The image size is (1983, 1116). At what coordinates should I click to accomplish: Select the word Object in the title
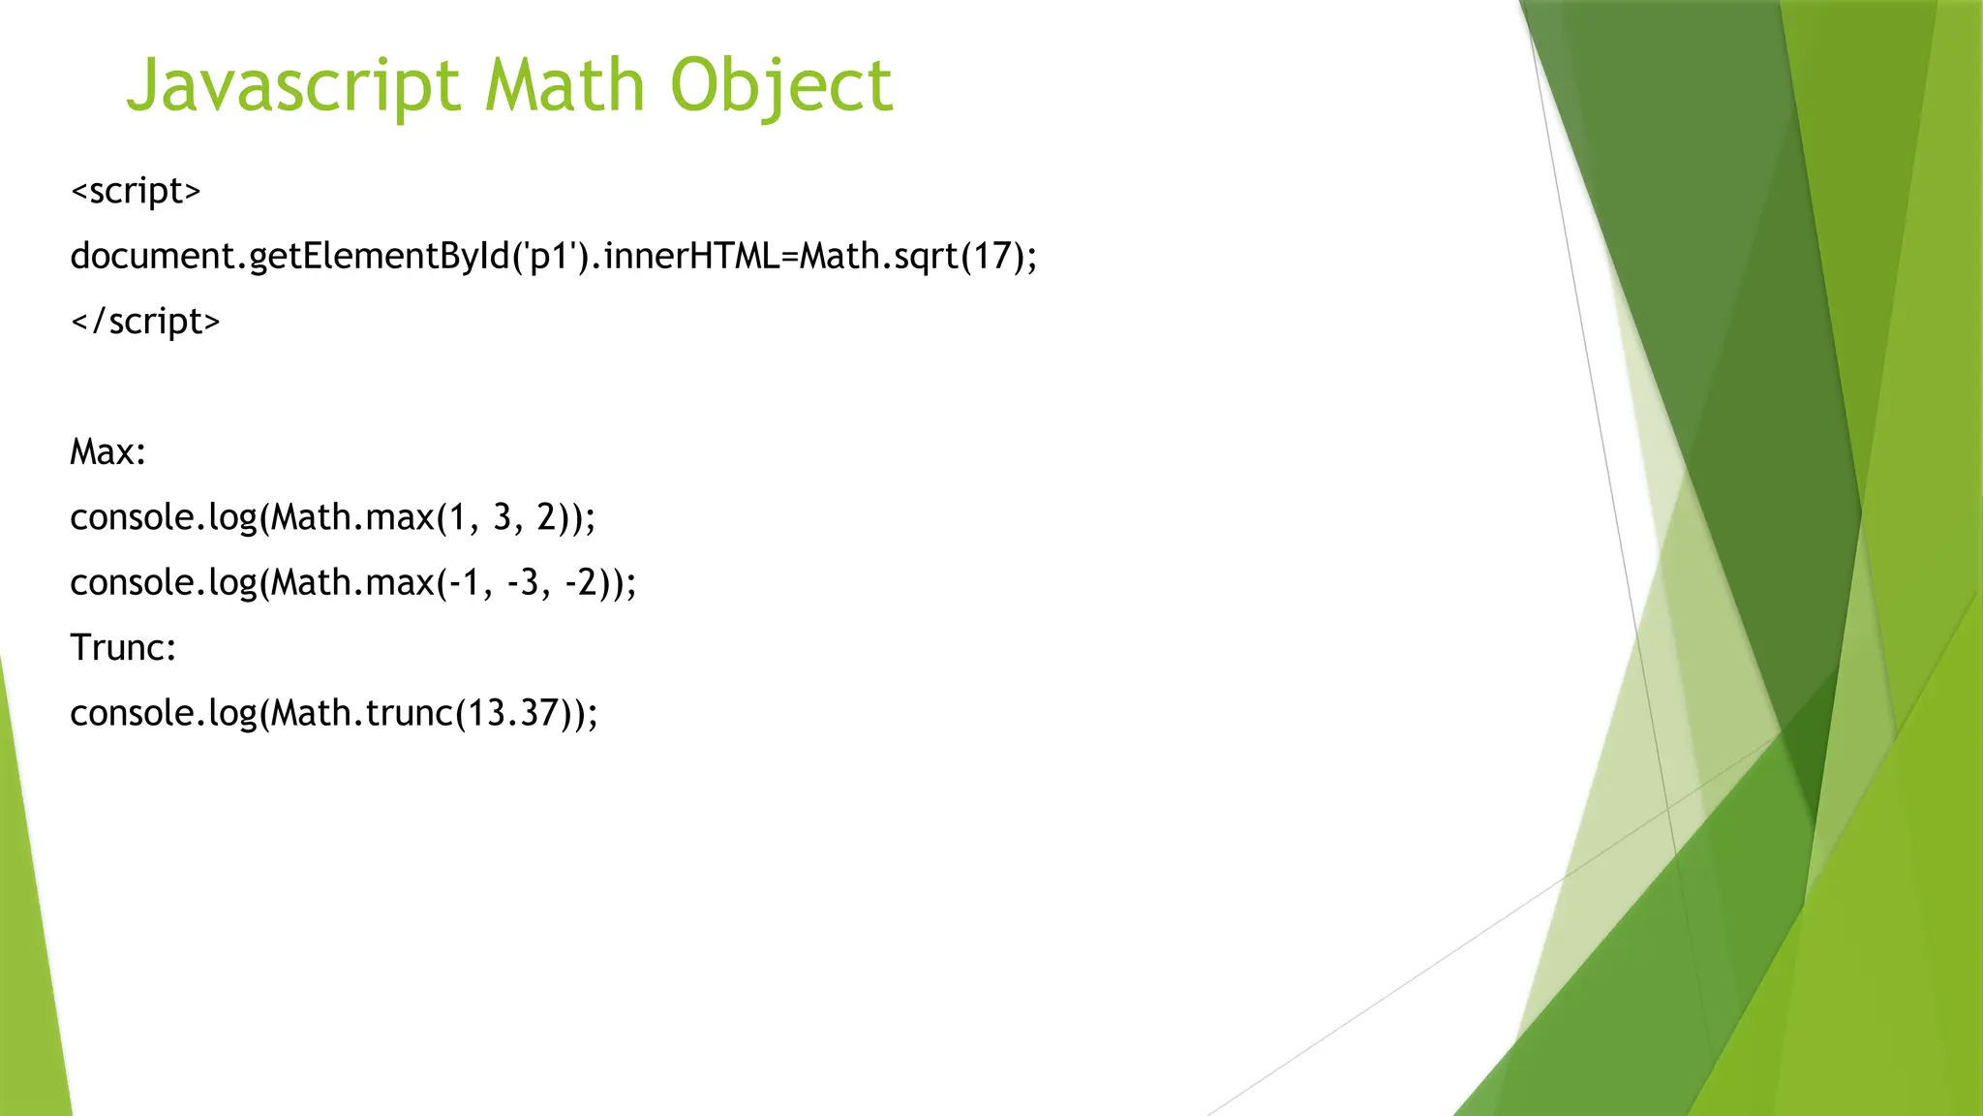pyautogui.click(x=780, y=86)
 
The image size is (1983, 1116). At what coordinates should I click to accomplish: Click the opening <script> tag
pyautogui.click(x=136, y=191)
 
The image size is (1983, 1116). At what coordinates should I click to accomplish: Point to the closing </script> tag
pyautogui.click(x=145, y=321)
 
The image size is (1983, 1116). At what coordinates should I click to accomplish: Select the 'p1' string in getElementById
pyautogui.click(x=550, y=256)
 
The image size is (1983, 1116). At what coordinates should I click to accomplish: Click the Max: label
pyautogui.click(x=107, y=451)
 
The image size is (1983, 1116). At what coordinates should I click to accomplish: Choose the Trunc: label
pyautogui.click(x=123, y=647)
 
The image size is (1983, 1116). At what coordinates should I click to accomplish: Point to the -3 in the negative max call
pyautogui.click(x=523, y=582)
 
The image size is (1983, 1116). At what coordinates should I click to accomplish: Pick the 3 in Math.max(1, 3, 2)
pyautogui.click(x=502, y=517)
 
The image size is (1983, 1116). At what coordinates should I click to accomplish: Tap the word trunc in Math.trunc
pyautogui.click(x=409, y=713)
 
